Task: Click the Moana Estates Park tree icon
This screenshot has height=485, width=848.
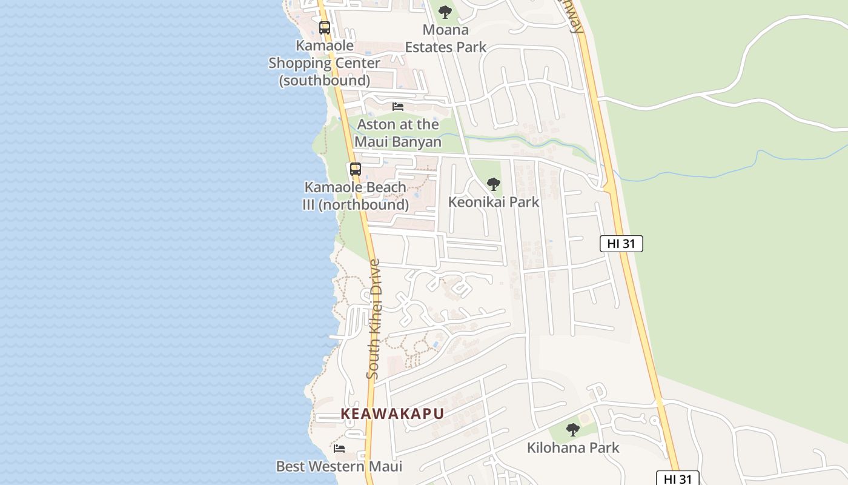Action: click(x=445, y=12)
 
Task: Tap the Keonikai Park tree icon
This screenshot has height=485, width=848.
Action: click(x=494, y=184)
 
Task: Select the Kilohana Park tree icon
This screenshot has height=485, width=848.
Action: click(x=573, y=430)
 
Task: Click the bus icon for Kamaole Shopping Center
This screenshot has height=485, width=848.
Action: click(x=325, y=27)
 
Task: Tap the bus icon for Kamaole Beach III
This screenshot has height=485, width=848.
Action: click(x=356, y=169)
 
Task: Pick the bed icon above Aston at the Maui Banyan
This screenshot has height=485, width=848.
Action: click(x=398, y=107)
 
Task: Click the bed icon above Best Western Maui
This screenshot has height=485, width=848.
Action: click(x=339, y=449)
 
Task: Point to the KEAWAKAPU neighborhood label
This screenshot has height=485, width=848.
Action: click(x=392, y=413)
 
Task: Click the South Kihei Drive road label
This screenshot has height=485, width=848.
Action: click(x=374, y=319)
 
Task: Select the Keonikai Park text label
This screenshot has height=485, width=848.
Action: click(x=494, y=202)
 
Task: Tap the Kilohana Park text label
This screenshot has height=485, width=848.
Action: click(x=573, y=447)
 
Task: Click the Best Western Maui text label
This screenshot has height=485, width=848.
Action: click(x=339, y=466)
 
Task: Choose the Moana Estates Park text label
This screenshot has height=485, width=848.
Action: click(x=446, y=38)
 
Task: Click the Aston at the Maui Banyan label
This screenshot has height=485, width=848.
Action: click(x=398, y=133)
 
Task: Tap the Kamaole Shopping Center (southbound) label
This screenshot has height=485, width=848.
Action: click(x=325, y=62)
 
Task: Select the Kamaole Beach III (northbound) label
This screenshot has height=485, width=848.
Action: click(x=356, y=196)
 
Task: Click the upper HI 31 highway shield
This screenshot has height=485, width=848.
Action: click(x=621, y=244)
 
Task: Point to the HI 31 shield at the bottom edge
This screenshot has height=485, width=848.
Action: click(x=678, y=478)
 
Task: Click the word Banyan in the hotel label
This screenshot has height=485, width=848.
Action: click(x=414, y=142)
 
